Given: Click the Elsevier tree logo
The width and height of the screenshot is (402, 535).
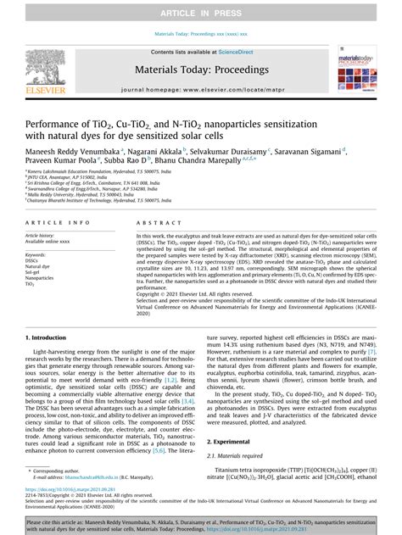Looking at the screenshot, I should [x=40, y=68].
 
